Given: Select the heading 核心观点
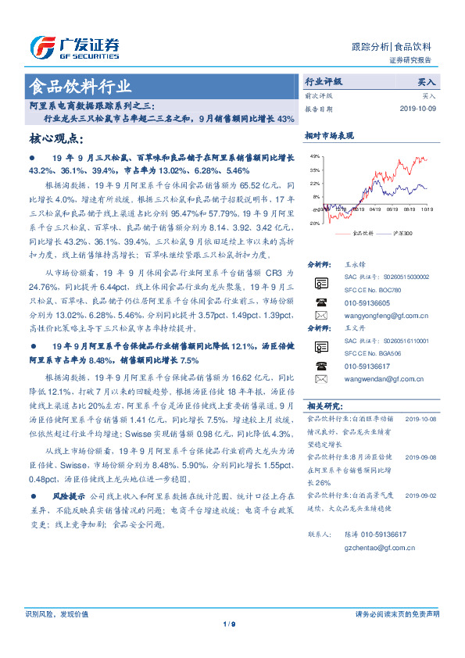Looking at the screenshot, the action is click(55, 139).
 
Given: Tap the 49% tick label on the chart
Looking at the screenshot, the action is click(314, 157).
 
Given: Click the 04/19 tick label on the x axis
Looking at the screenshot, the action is click(374, 209).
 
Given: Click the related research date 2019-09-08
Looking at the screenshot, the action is click(421, 457).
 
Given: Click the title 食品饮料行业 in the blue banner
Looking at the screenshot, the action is click(79, 86).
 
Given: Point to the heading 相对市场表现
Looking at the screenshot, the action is click(329, 135).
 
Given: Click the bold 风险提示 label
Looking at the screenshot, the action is click(69, 496).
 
